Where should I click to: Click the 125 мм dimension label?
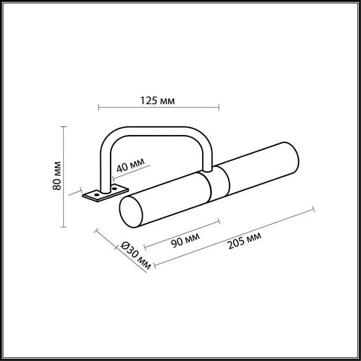158,101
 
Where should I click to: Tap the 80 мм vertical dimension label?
57,176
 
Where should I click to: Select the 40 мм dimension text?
130,165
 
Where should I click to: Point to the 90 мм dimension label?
185,240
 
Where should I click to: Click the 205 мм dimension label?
245,241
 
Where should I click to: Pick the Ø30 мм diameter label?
136,256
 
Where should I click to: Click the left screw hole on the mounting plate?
97,195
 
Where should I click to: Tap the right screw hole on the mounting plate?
114,189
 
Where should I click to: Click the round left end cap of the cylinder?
131,212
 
